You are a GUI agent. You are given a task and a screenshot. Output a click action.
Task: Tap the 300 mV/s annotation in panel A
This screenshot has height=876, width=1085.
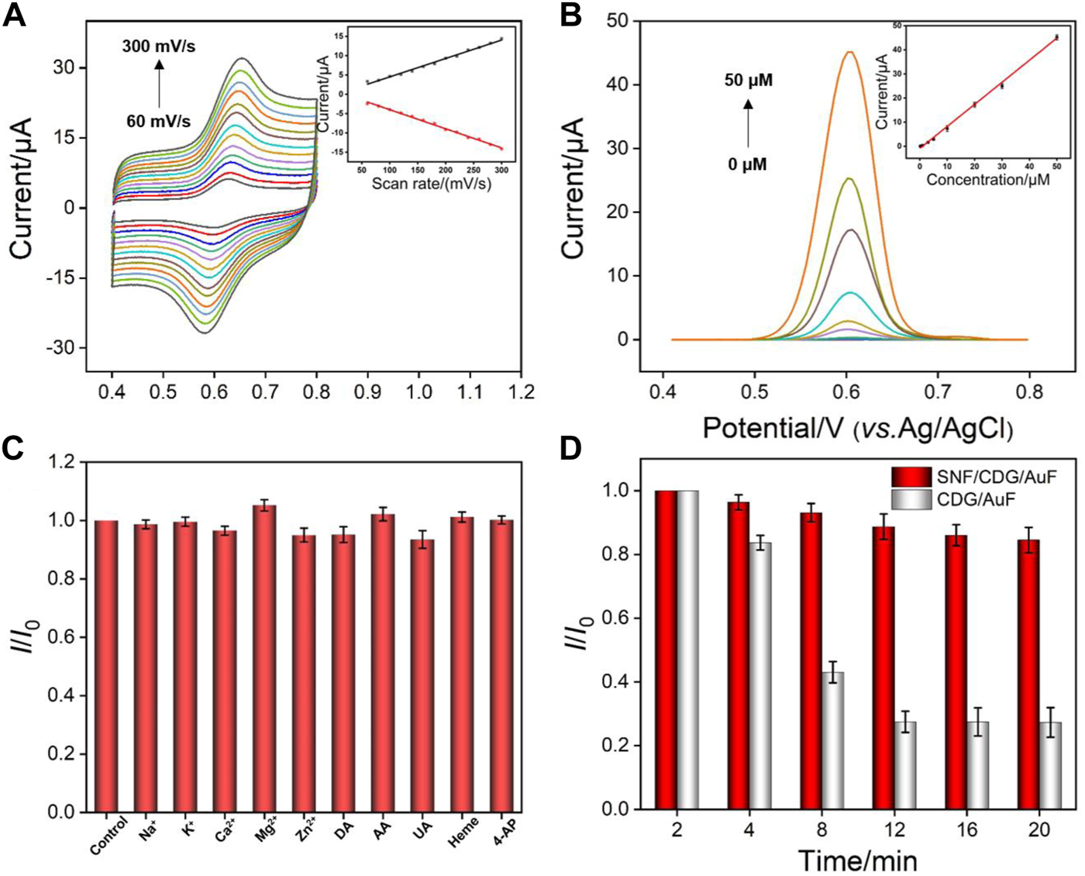click(x=159, y=47)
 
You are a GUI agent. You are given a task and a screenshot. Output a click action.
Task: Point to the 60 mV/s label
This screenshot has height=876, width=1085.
click(x=159, y=121)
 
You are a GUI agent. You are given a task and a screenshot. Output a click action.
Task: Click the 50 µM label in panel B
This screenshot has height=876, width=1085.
click(x=749, y=81)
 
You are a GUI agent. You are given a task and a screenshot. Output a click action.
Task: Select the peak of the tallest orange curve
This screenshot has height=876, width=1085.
click(x=850, y=52)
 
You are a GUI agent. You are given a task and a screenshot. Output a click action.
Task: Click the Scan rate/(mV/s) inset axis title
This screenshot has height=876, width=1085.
click(x=431, y=184)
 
